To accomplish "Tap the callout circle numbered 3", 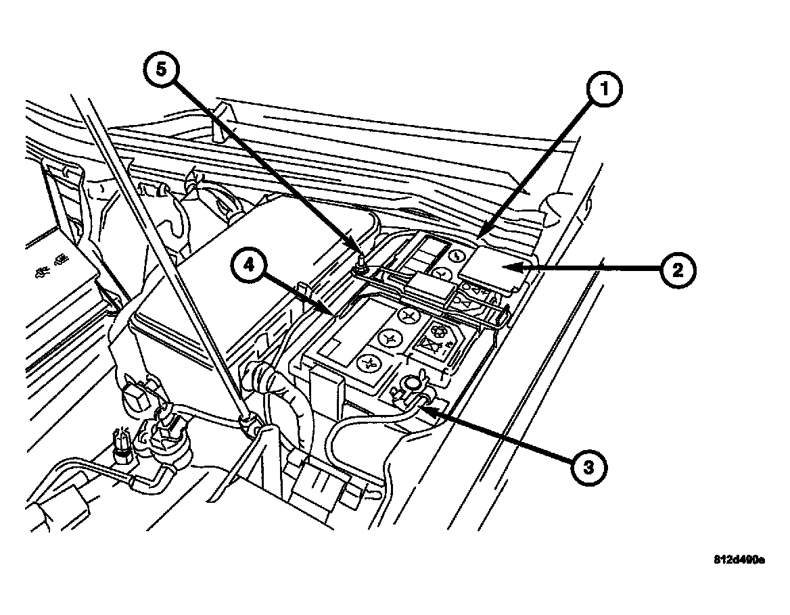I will pyautogui.click(x=587, y=466).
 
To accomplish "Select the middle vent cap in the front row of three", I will pyautogui.click(x=391, y=339).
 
